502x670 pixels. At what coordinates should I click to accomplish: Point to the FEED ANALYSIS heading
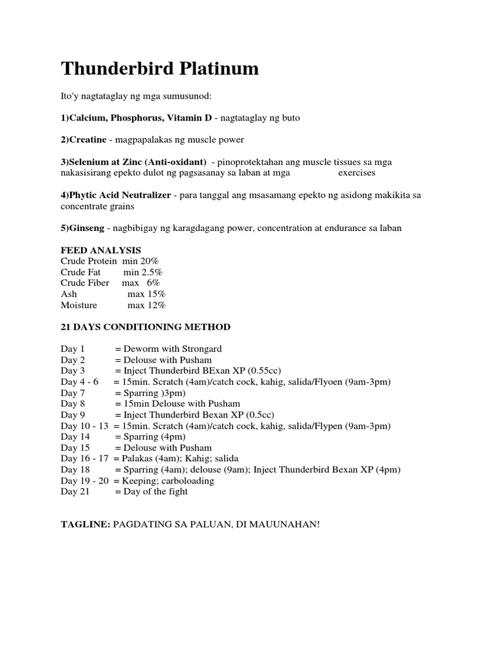(x=101, y=250)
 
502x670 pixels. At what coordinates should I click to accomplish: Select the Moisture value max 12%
(x=146, y=305)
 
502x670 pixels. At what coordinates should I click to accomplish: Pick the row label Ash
(x=69, y=294)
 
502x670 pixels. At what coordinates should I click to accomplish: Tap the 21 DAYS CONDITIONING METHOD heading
(x=145, y=326)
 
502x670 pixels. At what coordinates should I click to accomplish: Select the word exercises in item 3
(x=357, y=173)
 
